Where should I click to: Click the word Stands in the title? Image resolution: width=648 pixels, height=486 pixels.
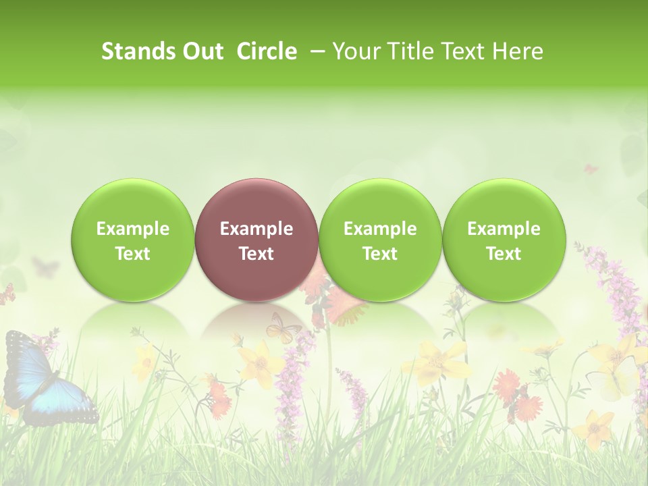coord(133,51)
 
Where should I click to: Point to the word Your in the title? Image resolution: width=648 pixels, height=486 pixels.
coord(355,51)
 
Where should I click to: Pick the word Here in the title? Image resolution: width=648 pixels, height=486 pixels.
coord(518,51)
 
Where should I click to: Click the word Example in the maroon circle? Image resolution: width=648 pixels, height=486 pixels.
coord(256,229)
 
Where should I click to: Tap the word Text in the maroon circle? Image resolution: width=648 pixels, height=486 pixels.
coord(256,254)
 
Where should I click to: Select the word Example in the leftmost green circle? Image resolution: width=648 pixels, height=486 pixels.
coord(133,229)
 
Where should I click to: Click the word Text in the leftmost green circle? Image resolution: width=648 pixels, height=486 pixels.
coord(133,254)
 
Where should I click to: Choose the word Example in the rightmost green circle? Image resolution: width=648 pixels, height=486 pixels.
coord(504,229)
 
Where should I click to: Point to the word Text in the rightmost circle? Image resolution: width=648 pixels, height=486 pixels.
coord(504,254)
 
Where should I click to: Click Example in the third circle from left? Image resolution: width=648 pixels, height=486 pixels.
coord(380,229)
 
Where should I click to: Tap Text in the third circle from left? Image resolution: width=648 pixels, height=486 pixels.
coord(380,254)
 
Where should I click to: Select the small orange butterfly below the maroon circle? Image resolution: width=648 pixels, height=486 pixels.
coord(283,327)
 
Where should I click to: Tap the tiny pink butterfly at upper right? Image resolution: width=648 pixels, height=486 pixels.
coord(591,169)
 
